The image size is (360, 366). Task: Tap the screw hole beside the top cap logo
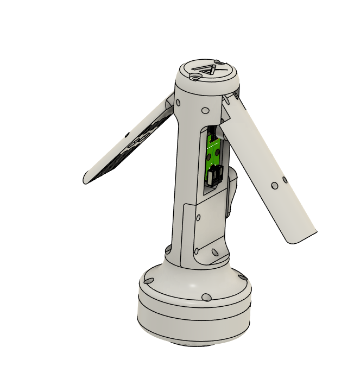(194, 77)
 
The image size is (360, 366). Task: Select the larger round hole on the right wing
(275, 186)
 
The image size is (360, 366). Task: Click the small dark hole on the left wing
(127, 134)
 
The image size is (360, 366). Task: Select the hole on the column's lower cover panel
(198, 218)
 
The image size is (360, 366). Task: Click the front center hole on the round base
(206, 297)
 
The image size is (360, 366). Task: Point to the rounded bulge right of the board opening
(233, 190)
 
